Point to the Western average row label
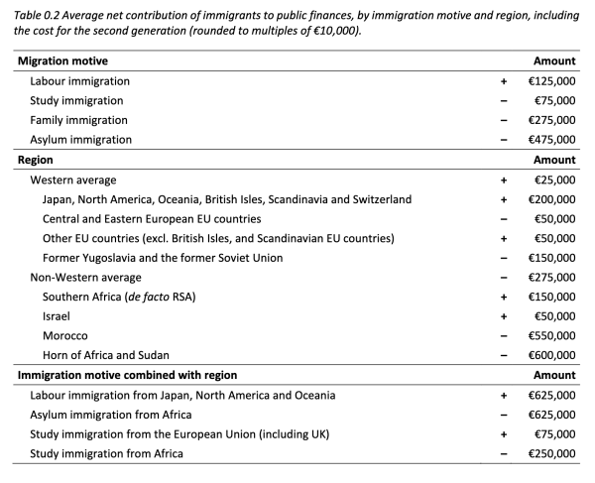coord(73,180)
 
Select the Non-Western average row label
coord(86,278)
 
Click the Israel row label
coord(56,316)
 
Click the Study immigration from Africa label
coord(111,454)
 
